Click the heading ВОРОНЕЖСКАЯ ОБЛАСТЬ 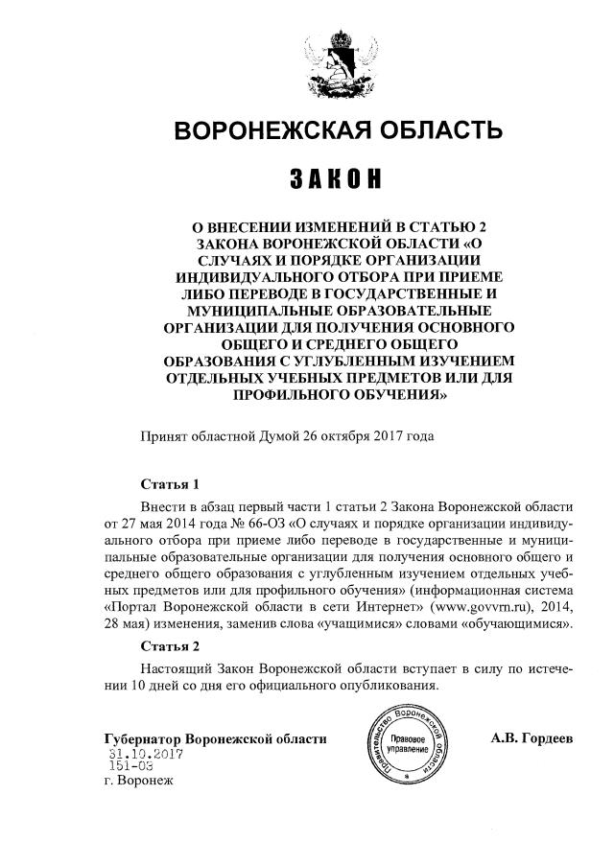[x=338, y=130]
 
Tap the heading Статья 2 [x=169, y=644]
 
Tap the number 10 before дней [x=138, y=686]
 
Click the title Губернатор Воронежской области [x=215, y=739]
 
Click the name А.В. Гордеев [x=531, y=738]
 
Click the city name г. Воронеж [x=137, y=782]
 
